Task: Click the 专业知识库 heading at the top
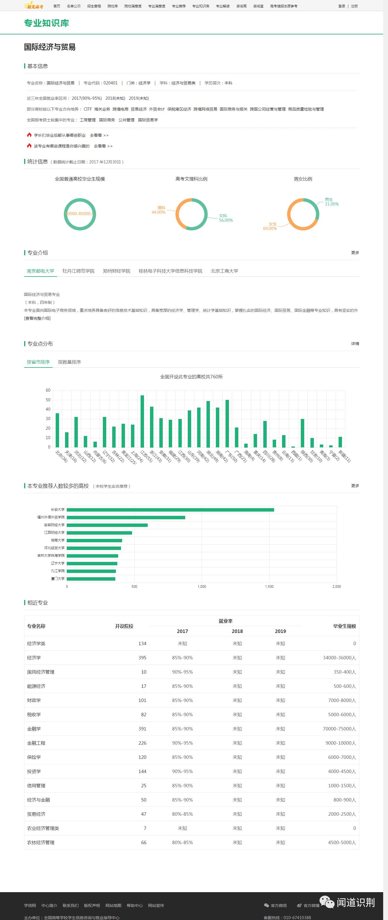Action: [46, 23]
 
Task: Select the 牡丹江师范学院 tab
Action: [78, 271]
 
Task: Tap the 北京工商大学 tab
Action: [224, 271]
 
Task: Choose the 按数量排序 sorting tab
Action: [69, 362]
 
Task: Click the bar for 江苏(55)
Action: [142, 421]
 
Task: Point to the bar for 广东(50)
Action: [227, 423]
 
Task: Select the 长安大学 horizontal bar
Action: [170, 510]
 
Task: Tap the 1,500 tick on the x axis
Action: [269, 586]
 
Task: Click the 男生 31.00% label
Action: [331, 202]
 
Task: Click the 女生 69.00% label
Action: [270, 226]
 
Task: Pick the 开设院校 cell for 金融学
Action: [142, 728]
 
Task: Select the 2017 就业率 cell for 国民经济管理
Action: [182, 672]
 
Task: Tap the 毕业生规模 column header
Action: [345, 626]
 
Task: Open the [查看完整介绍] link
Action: [37, 318]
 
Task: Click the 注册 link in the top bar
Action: [354, 6]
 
